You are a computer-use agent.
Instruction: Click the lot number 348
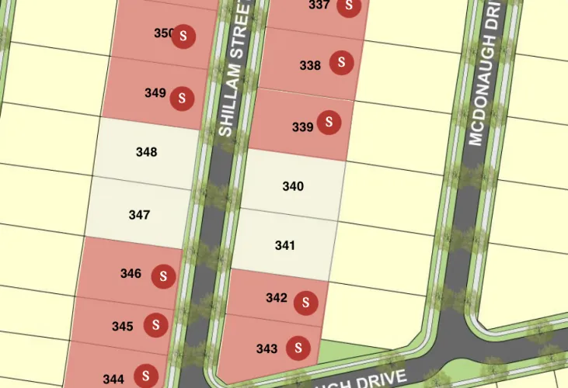(x=146, y=152)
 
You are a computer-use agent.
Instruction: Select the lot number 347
(x=139, y=214)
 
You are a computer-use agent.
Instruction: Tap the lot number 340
(x=293, y=186)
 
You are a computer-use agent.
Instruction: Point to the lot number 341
(x=285, y=245)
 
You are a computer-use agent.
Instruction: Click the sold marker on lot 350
(x=183, y=36)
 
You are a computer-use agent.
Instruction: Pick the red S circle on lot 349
(x=182, y=97)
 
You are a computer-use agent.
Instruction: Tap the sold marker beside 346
(x=163, y=275)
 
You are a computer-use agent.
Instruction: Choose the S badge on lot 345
(x=156, y=325)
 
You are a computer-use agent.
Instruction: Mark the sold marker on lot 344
(x=145, y=376)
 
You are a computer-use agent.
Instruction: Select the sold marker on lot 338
(x=341, y=63)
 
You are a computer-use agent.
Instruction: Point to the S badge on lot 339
(x=330, y=122)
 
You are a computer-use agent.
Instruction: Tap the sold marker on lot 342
(x=307, y=303)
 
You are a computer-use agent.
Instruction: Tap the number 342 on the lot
(x=277, y=298)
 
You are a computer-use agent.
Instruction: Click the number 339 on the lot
(x=302, y=126)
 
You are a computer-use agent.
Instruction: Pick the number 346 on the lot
(x=131, y=273)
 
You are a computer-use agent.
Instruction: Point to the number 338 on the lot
(x=310, y=66)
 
